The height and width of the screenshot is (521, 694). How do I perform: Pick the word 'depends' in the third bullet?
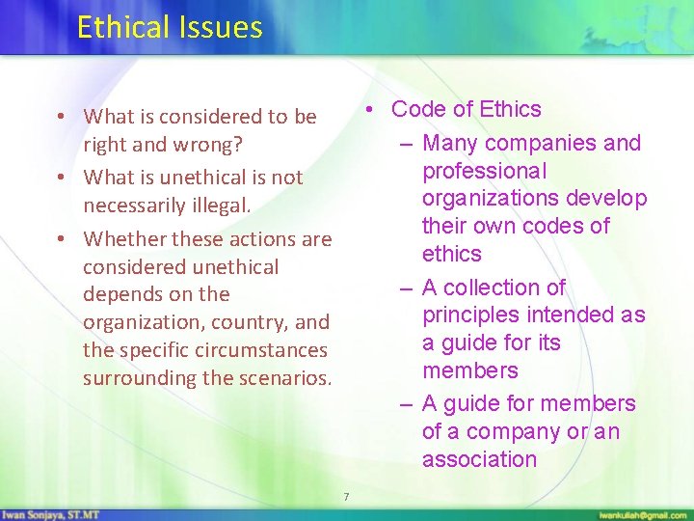pyautogui.click(x=119, y=294)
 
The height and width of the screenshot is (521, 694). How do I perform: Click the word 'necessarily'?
pyautogui.click(x=132, y=205)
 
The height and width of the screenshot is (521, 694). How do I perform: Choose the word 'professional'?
pyautogui.click(x=484, y=171)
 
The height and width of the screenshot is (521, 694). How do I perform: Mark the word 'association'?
pyautogui.click(x=479, y=459)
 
